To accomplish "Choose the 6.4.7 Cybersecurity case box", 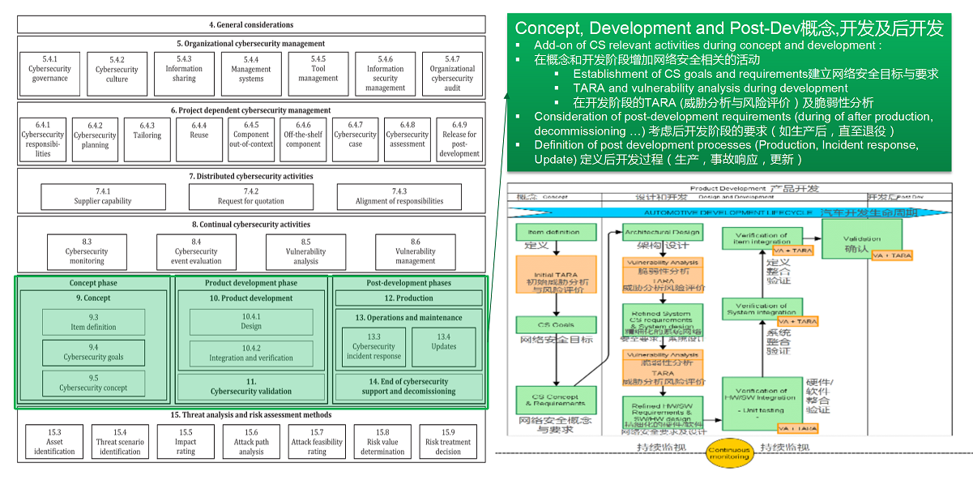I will click(355, 140).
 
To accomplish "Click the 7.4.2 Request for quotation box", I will click(251, 196).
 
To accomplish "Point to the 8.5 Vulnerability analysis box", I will click(305, 251).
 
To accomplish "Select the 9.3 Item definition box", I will click(93, 323).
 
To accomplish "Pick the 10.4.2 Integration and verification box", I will click(251, 353).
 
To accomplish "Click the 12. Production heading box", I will click(408, 298).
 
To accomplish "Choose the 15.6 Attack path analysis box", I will click(251, 442).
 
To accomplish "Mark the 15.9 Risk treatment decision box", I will click(448, 442).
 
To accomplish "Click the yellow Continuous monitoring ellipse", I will click(728, 452).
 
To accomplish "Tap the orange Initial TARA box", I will click(556, 281).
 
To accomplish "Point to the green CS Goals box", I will click(556, 325).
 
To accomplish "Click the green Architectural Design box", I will click(662, 233).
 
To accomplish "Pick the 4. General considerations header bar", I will click(251, 25).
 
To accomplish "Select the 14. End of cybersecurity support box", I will click(408, 387).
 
